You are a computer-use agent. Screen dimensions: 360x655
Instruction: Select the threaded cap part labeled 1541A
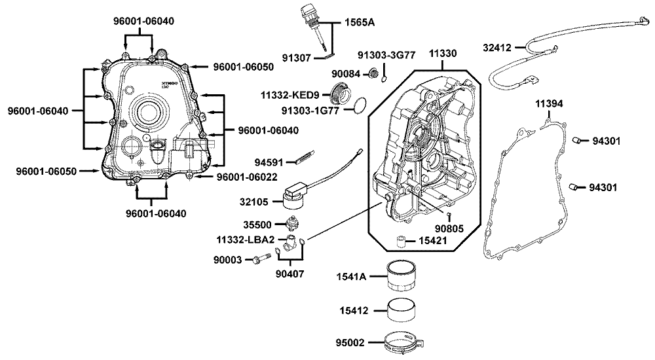(405, 278)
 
